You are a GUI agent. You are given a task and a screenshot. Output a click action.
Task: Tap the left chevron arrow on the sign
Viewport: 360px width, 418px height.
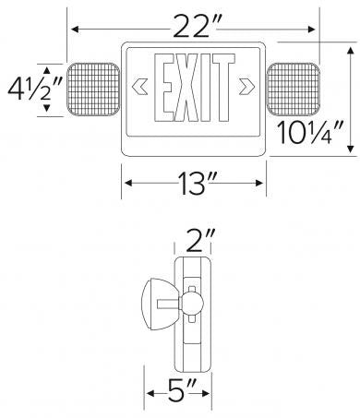[x=141, y=90]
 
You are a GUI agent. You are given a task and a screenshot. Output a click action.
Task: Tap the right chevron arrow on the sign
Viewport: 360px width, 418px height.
[x=246, y=90]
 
